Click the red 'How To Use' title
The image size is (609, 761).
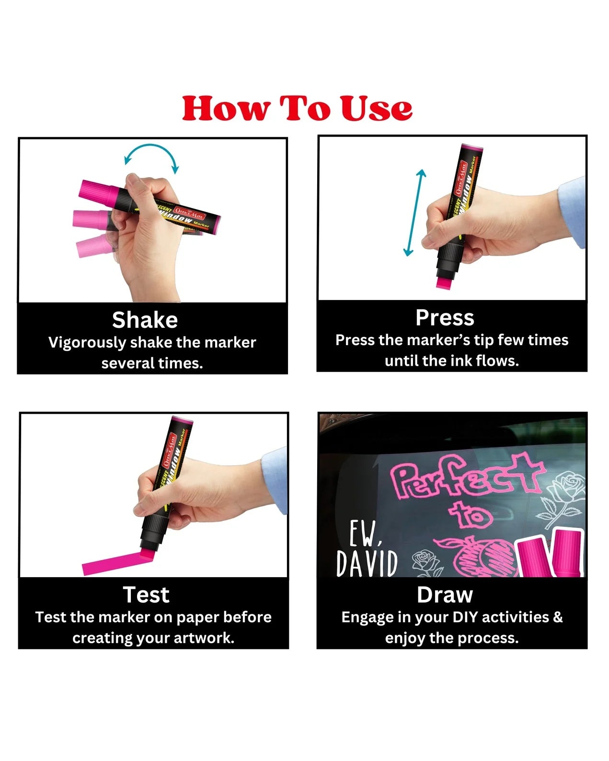(297, 108)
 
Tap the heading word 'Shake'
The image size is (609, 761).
(145, 320)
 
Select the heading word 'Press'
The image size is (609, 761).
(445, 317)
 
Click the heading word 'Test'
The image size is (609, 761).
(146, 594)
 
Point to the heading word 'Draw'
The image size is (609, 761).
(445, 594)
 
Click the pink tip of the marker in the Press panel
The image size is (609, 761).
(444, 282)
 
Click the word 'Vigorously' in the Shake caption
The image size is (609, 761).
(86, 343)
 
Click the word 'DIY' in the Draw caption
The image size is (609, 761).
(465, 617)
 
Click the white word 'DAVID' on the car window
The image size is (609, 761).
(367, 563)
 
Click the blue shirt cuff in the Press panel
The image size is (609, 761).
(573, 211)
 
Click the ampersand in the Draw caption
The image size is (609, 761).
(557, 617)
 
